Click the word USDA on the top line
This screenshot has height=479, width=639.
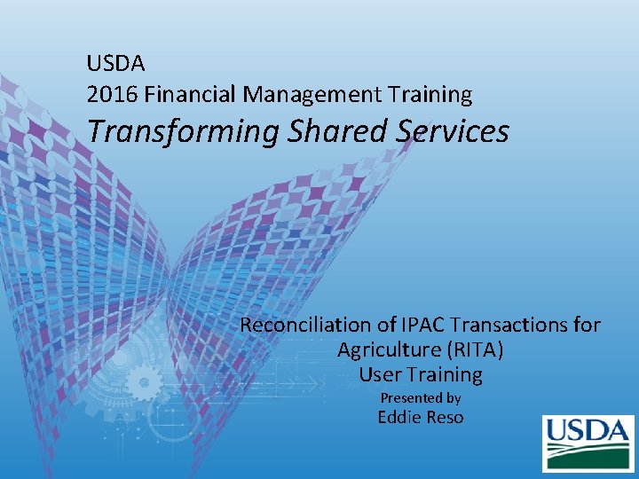pyautogui.click(x=116, y=64)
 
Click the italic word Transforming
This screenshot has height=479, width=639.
pyautogui.click(x=183, y=131)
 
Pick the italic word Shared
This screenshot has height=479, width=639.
pyautogui.click(x=340, y=131)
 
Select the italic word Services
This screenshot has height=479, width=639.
pyautogui.click(x=454, y=131)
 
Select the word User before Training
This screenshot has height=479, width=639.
pyautogui.click(x=378, y=375)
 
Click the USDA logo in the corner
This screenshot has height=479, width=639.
pyautogui.click(x=588, y=443)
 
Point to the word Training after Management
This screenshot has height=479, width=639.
pyautogui.click(x=428, y=94)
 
